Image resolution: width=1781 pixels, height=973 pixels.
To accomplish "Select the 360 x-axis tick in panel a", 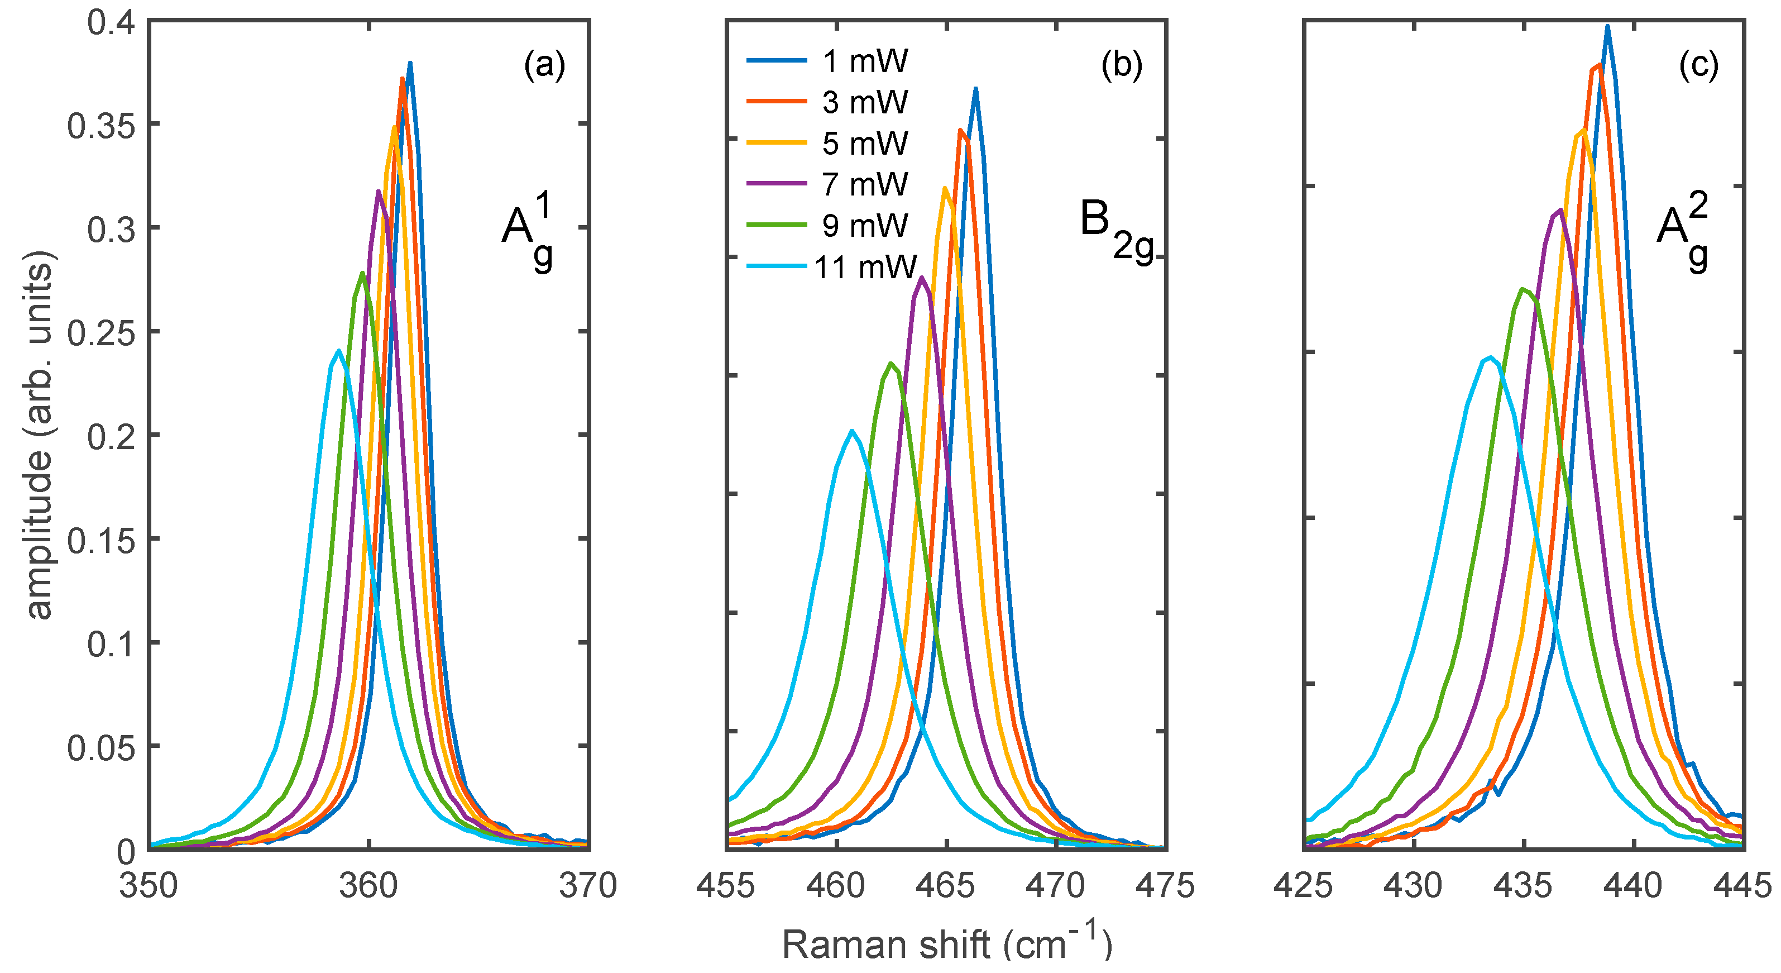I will [x=368, y=885].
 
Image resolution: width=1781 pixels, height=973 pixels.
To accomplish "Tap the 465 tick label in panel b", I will [x=946, y=885].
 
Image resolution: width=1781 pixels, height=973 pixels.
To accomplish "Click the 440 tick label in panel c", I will [x=1633, y=885].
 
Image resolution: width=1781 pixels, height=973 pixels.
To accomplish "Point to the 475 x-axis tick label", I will [x=1165, y=885].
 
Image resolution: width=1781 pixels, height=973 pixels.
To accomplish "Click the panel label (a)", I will [x=545, y=66].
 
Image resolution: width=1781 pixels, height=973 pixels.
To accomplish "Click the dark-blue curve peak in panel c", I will [x=1607, y=27].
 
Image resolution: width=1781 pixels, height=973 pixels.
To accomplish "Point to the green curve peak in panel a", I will [x=362, y=273].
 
